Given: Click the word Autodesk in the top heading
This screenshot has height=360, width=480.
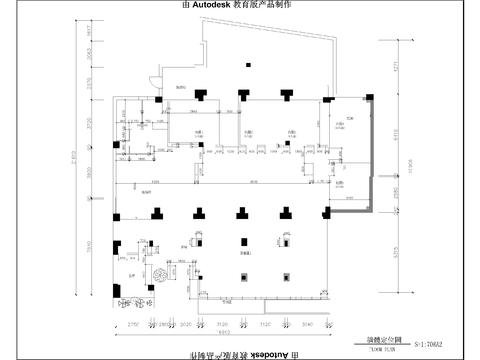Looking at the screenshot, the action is (x=218, y=6).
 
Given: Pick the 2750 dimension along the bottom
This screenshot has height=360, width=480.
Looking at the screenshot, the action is (x=129, y=325).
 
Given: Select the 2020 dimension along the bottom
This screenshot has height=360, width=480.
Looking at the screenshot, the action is (x=185, y=325).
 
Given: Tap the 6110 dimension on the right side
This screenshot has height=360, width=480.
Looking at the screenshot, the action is (x=396, y=132).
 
